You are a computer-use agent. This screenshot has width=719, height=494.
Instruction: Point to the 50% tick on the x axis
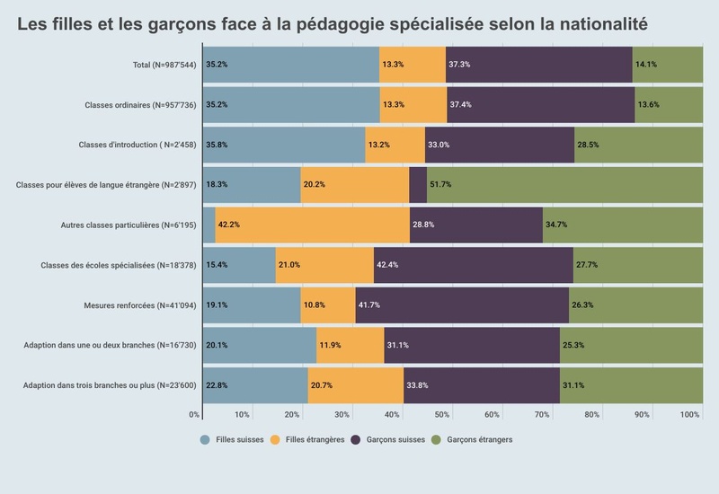click(x=441, y=414)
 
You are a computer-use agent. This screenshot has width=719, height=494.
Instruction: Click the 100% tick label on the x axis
click(x=690, y=414)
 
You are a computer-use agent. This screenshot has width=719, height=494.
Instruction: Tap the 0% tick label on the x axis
click(x=194, y=414)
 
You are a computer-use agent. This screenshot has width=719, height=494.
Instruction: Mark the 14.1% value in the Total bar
click(x=646, y=65)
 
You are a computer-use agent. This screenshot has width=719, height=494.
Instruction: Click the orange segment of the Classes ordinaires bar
click(x=413, y=104)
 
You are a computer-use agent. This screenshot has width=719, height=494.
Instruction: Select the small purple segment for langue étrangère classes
click(x=418, y=185)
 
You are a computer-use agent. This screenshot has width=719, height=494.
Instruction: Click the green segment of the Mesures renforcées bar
click(x=635, y=305)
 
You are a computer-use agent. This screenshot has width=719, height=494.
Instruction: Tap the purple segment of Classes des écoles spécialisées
click(x=473, y=265)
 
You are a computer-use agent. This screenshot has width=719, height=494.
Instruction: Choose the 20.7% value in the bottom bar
click(x=321, y=385)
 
